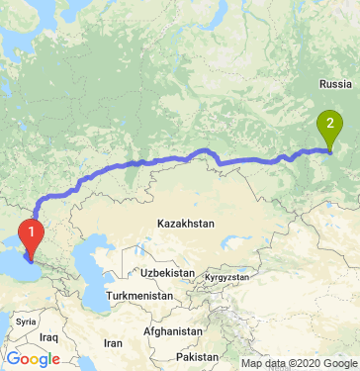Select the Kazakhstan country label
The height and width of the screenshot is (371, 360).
(x=185, y=226)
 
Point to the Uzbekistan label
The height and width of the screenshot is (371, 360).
(x=162, y=271)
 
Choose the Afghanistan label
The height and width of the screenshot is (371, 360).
(x=174, y=331)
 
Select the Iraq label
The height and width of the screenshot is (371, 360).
(x=50, y=337)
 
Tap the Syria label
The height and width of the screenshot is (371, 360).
(x=26, y=322)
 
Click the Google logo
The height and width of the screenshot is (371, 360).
(x=34, y=358)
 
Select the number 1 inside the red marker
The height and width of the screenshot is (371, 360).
(x=33, y=233)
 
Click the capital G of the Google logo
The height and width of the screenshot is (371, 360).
(x=13, y=358)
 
